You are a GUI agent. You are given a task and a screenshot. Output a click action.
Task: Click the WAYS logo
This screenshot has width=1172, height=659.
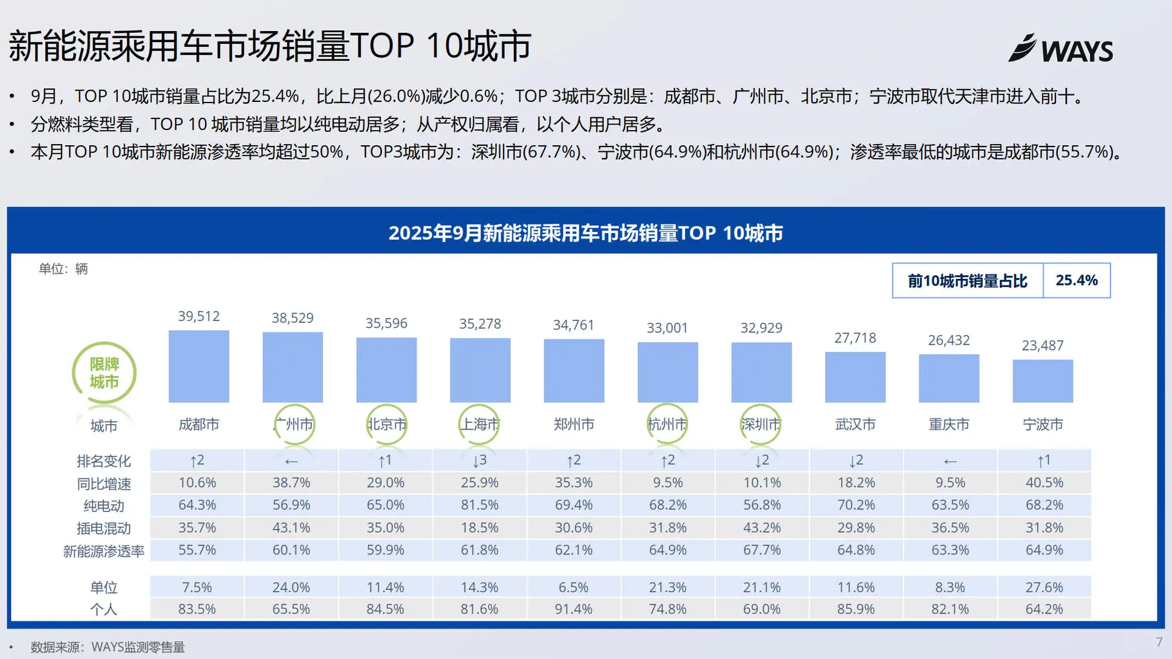1061,49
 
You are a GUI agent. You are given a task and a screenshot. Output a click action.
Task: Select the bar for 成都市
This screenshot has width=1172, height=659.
198,366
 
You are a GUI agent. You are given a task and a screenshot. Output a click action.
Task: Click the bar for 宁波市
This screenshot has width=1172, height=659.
1043,381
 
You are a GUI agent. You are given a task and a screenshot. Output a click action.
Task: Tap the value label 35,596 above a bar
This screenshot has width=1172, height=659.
386,323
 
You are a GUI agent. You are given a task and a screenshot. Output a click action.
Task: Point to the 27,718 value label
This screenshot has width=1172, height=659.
855,338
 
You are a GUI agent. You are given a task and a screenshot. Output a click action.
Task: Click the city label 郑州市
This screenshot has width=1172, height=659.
574,424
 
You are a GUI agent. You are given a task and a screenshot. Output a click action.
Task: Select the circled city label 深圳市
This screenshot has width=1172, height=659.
761,424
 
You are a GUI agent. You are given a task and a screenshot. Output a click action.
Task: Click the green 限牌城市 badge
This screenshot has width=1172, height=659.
104,373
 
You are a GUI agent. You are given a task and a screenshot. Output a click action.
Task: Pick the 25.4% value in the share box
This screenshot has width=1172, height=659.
1076,280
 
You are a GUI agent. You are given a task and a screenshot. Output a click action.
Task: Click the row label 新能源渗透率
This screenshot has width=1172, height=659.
104,551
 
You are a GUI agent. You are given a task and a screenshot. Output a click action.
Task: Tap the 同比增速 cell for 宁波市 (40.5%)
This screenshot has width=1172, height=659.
1044,483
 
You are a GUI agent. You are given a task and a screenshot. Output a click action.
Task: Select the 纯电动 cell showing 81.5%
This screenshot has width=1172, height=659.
479,505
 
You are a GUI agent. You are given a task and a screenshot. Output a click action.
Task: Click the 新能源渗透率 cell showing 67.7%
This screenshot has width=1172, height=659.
761,550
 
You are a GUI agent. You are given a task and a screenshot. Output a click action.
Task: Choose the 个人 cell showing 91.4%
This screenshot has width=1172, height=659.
573,609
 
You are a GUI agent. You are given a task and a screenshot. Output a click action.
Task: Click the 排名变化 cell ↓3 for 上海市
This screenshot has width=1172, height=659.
479,460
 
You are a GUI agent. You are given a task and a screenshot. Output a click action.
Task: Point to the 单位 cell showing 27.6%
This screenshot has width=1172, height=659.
1044,587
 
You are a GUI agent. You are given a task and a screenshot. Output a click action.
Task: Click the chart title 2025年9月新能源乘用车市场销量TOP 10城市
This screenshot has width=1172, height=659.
585,232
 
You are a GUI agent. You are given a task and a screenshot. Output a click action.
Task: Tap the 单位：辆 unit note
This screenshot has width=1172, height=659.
63,269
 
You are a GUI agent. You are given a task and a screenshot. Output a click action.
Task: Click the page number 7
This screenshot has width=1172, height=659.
1158,642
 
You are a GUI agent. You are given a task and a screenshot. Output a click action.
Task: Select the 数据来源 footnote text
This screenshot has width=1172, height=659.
107,647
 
